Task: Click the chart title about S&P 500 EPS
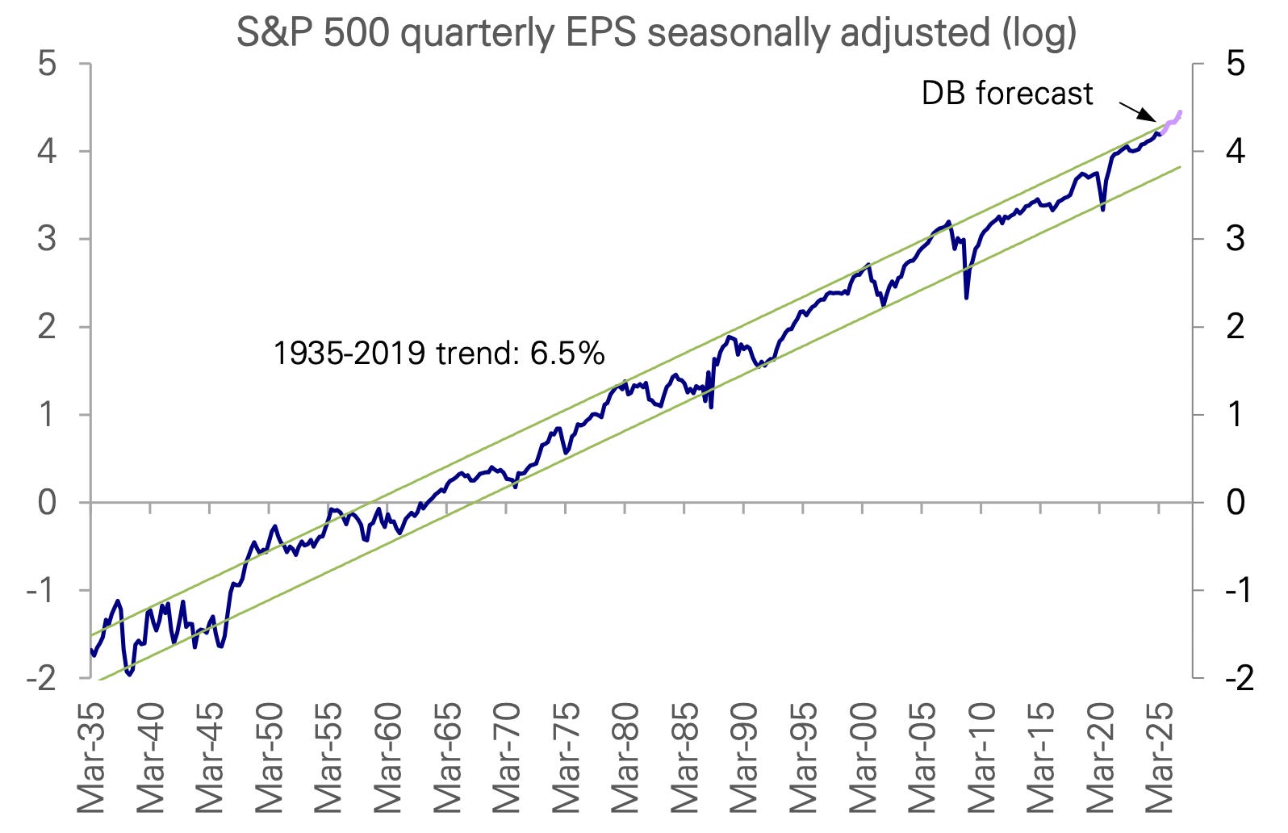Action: click(655, 32)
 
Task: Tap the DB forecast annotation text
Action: click(1006, 94)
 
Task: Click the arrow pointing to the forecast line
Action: click(1137, 111)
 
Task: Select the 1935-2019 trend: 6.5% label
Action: click(438, 354)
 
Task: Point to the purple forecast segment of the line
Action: click(1172, 121)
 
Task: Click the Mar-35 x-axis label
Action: click(91, 757)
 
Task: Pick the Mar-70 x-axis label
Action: click(507, 757)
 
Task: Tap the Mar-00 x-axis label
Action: click(863, 757)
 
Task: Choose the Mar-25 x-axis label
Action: click(1160, 757)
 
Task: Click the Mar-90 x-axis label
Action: click(744, 757)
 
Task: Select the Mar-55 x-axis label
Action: click(328, 757)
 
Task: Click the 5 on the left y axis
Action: click(47, 63)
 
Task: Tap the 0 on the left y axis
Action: click(47, 503)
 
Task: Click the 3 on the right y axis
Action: click(1235, 239)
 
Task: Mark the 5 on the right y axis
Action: click(1235, 63)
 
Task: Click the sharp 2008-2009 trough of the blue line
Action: click(966, 297)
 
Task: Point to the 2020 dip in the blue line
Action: click(1102, 209)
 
